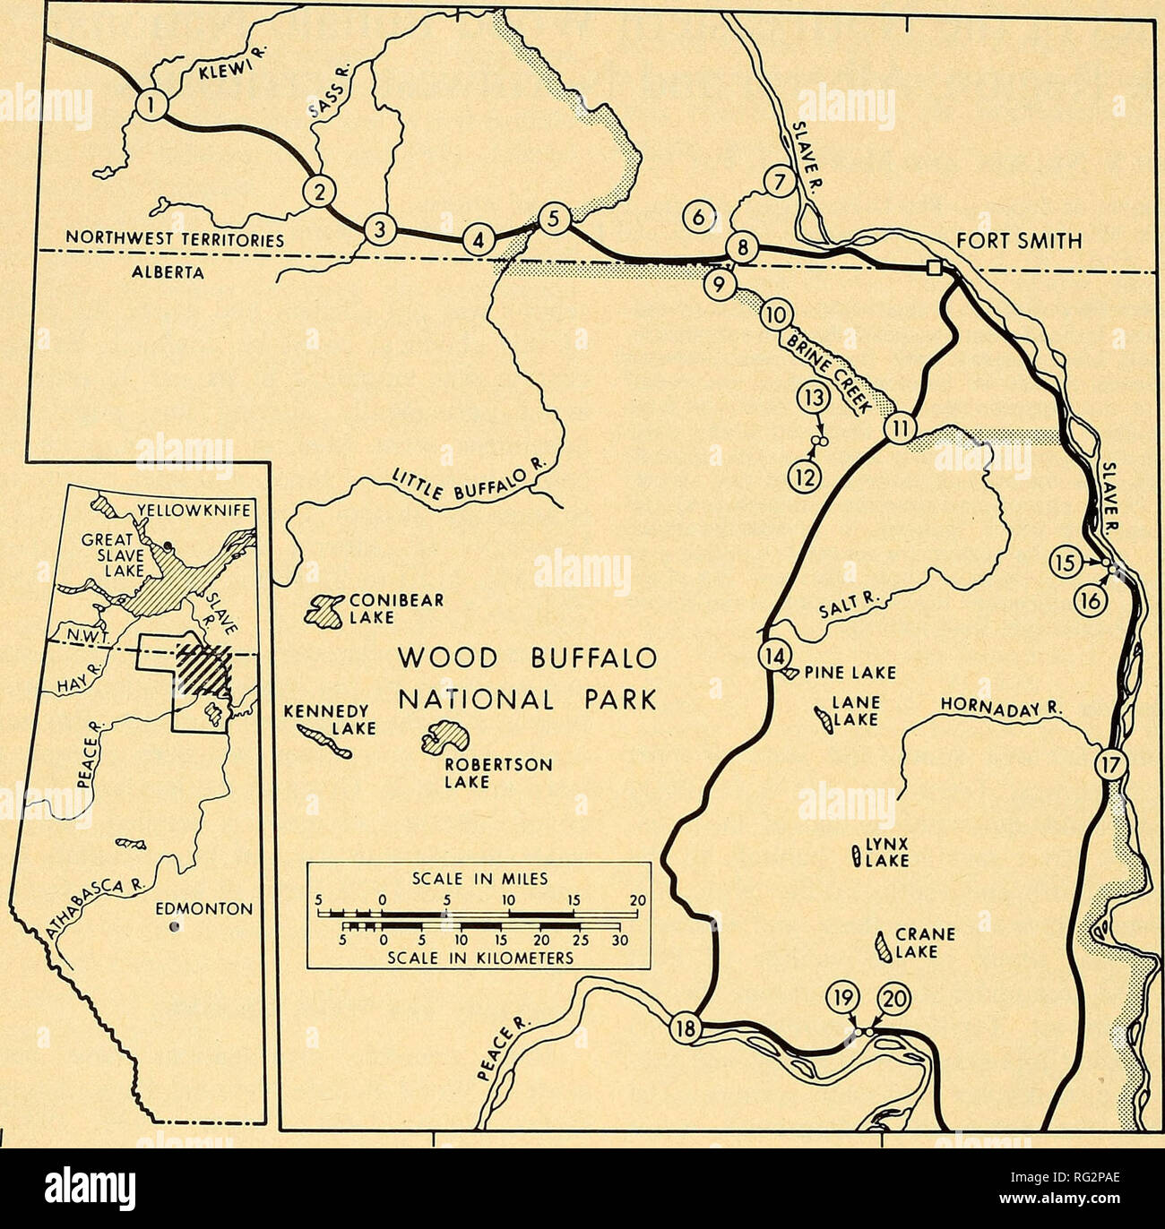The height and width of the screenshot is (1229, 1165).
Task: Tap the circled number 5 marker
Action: click(x=554, y=218)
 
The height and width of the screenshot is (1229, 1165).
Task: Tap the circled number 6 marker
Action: click(x=699, y=216)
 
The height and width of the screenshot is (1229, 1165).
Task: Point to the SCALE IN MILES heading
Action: click(x=479, y=879)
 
